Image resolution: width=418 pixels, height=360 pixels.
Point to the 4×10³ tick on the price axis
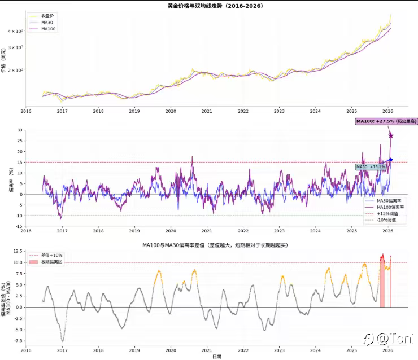[x=15, y=31]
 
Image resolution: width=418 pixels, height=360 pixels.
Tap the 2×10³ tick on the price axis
[x=15, y=70]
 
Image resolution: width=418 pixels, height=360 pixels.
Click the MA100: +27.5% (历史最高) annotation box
[x=386, y=121]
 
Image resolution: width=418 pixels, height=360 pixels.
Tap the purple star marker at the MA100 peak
[x=390, y=135]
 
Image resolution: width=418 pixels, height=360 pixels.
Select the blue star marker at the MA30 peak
[x=390, y=160]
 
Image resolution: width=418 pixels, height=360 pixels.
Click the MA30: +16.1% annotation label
[x=371, y=167]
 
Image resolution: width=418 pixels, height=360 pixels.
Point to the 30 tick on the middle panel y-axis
[x=19, y=130]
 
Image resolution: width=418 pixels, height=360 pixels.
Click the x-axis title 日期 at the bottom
[x=217, y=357]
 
